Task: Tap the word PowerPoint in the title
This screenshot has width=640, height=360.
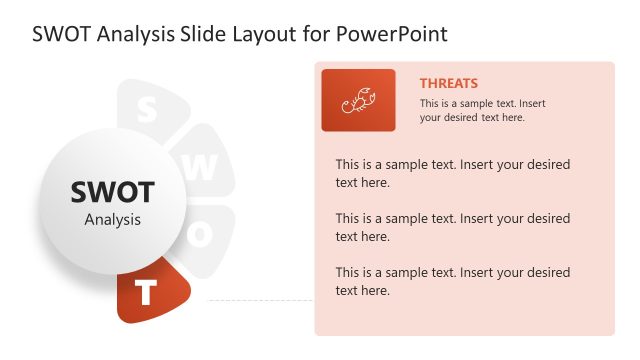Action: pos(391,33)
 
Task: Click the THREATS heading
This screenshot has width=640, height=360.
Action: pos(448,84)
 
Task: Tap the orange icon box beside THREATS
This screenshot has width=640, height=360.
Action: pos(358,100)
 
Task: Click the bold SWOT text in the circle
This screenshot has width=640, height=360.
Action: pos(112,192)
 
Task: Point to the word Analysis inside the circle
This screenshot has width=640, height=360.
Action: pos(112,219)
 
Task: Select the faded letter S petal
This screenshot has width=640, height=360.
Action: pos(148,108)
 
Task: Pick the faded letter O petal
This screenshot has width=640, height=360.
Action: pos(203,236)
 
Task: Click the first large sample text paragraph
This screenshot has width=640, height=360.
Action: pos(453,173)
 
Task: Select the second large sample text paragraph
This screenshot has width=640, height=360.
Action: pos(453,227)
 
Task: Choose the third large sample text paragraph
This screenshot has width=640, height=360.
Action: pos(453,281)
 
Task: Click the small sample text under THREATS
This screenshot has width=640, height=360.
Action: pos(483,110)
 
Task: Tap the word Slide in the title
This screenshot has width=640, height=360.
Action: pos(213,33)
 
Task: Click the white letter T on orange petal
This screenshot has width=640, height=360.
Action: pos(147,293)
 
